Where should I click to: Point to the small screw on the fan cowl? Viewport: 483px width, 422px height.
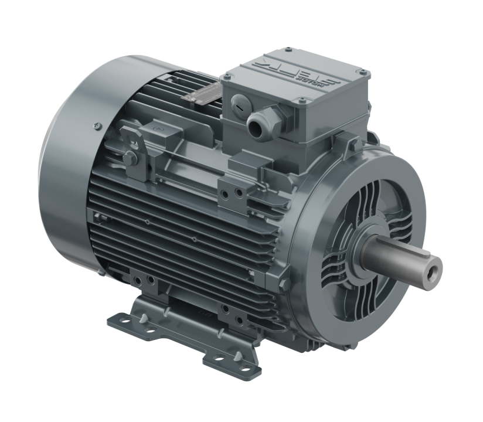point(95,124)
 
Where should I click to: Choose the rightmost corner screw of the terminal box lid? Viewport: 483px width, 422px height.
point(367,74)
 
